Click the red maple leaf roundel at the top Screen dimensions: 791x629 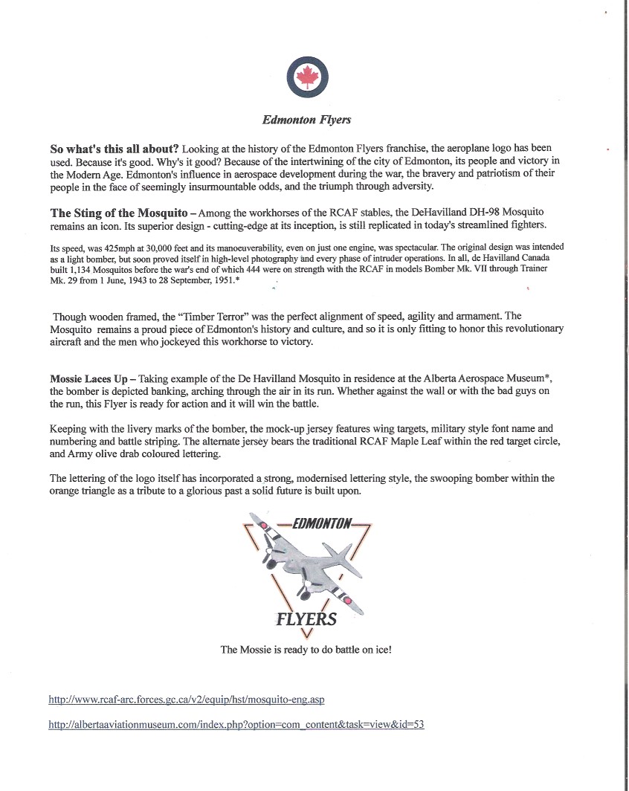point(307,77)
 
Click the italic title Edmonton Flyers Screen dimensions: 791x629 point(306,120)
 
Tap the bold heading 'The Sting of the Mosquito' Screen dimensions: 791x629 point(118,213)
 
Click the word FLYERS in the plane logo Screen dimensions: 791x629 point(306,619)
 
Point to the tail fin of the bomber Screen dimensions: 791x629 point(344,553)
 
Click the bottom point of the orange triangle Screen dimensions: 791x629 point(307,634)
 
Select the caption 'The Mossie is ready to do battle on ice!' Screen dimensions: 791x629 point(306,649)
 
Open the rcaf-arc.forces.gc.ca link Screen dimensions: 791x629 point(187,700)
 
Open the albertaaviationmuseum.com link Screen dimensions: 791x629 point(236,724)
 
